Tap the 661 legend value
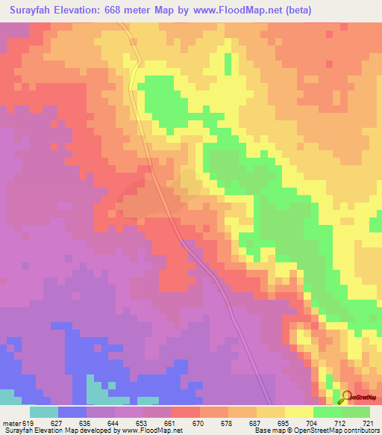(x=169, y=423)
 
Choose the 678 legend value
(x=226, y=423)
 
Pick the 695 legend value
(x=283, y=423)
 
